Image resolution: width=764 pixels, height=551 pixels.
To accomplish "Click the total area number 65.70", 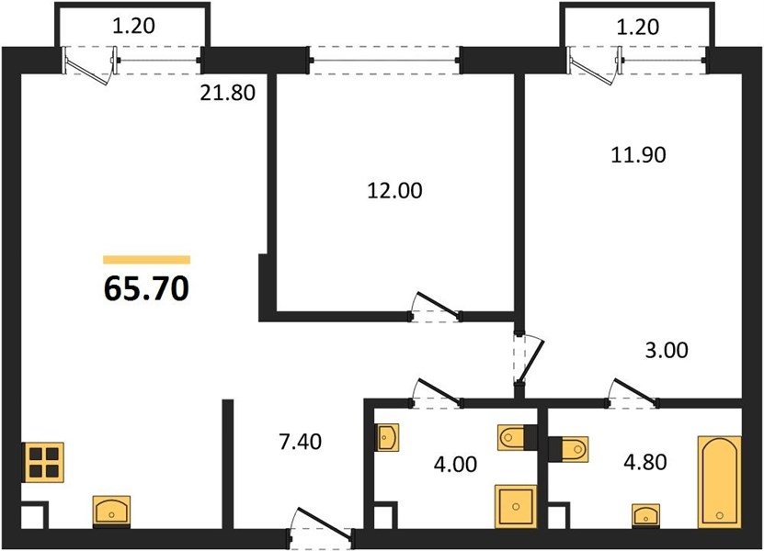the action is point(146,288).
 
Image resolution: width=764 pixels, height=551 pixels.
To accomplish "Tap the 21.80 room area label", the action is point(227,93).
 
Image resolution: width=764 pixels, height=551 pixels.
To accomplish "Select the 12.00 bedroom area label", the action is point(394,190).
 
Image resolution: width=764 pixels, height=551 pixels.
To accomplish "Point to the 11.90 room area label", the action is point(638,155).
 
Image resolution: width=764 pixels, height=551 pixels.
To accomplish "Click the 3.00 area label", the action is point(667,350).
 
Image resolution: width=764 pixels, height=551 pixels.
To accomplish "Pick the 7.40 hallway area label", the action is point(300,442).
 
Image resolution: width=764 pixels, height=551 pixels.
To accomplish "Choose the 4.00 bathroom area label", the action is point(456,464).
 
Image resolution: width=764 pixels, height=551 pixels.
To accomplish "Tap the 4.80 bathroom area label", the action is point(645,462).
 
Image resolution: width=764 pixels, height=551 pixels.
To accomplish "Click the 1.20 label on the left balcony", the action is point(133,27).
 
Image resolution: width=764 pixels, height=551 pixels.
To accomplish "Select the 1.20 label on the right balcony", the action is point(638,27).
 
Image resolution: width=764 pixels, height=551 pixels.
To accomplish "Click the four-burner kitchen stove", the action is point(43,462).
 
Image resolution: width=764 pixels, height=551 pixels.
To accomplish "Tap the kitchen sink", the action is point(111,512).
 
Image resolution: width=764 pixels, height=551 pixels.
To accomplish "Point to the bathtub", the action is point(719,482).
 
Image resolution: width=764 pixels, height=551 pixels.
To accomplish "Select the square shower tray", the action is point(516,507).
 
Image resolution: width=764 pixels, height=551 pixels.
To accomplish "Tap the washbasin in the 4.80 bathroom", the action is point(646,515).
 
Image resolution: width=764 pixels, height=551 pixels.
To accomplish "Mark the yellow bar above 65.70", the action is point(147,260).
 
